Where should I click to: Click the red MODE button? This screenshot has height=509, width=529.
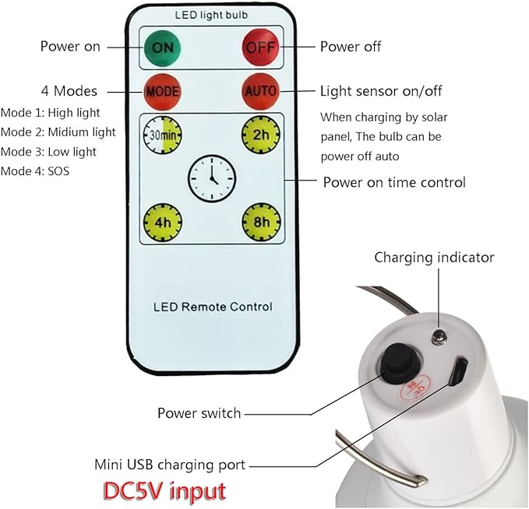163,91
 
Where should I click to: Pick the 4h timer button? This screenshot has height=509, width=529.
162,223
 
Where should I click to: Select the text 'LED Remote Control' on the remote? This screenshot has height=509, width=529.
211,307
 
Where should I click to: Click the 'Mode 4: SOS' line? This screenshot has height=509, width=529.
35,170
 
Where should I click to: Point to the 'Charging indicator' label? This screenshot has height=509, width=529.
434,257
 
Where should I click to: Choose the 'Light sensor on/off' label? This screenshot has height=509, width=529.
381,91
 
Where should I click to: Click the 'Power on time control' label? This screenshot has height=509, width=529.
394,182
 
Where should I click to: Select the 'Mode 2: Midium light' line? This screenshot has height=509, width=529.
58,132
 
